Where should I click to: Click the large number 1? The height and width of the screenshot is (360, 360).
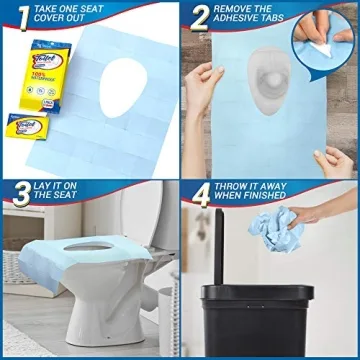(x=15, y=18)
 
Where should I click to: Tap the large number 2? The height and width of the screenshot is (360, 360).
(x=198, y=18)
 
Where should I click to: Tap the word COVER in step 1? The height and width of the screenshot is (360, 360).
(x=50, y=24)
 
